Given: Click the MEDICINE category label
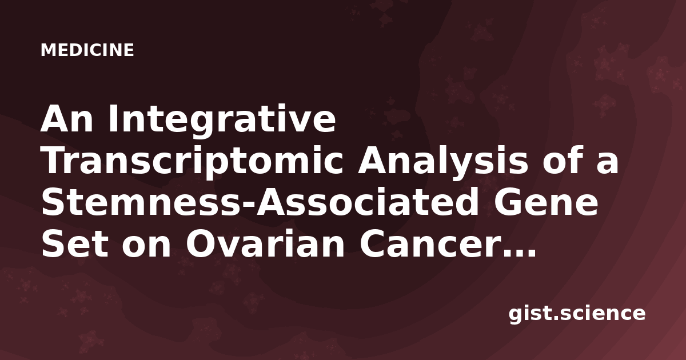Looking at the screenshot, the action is pyautogui.click(x=87, y=50).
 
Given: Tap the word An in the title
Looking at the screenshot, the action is pyautogui.click(x=67, y=119).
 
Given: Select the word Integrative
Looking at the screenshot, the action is pyautogui.click(x=222, y=121).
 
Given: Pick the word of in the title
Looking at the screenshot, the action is pyautogui.click(x=563, y=160).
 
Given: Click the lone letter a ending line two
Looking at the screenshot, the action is pyautogui.click(x=607, y=164).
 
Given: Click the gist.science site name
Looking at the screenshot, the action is pyautogui.click(x=577, y=314).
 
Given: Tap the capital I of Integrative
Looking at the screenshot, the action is pyautogui.click(x=113, y=119).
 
